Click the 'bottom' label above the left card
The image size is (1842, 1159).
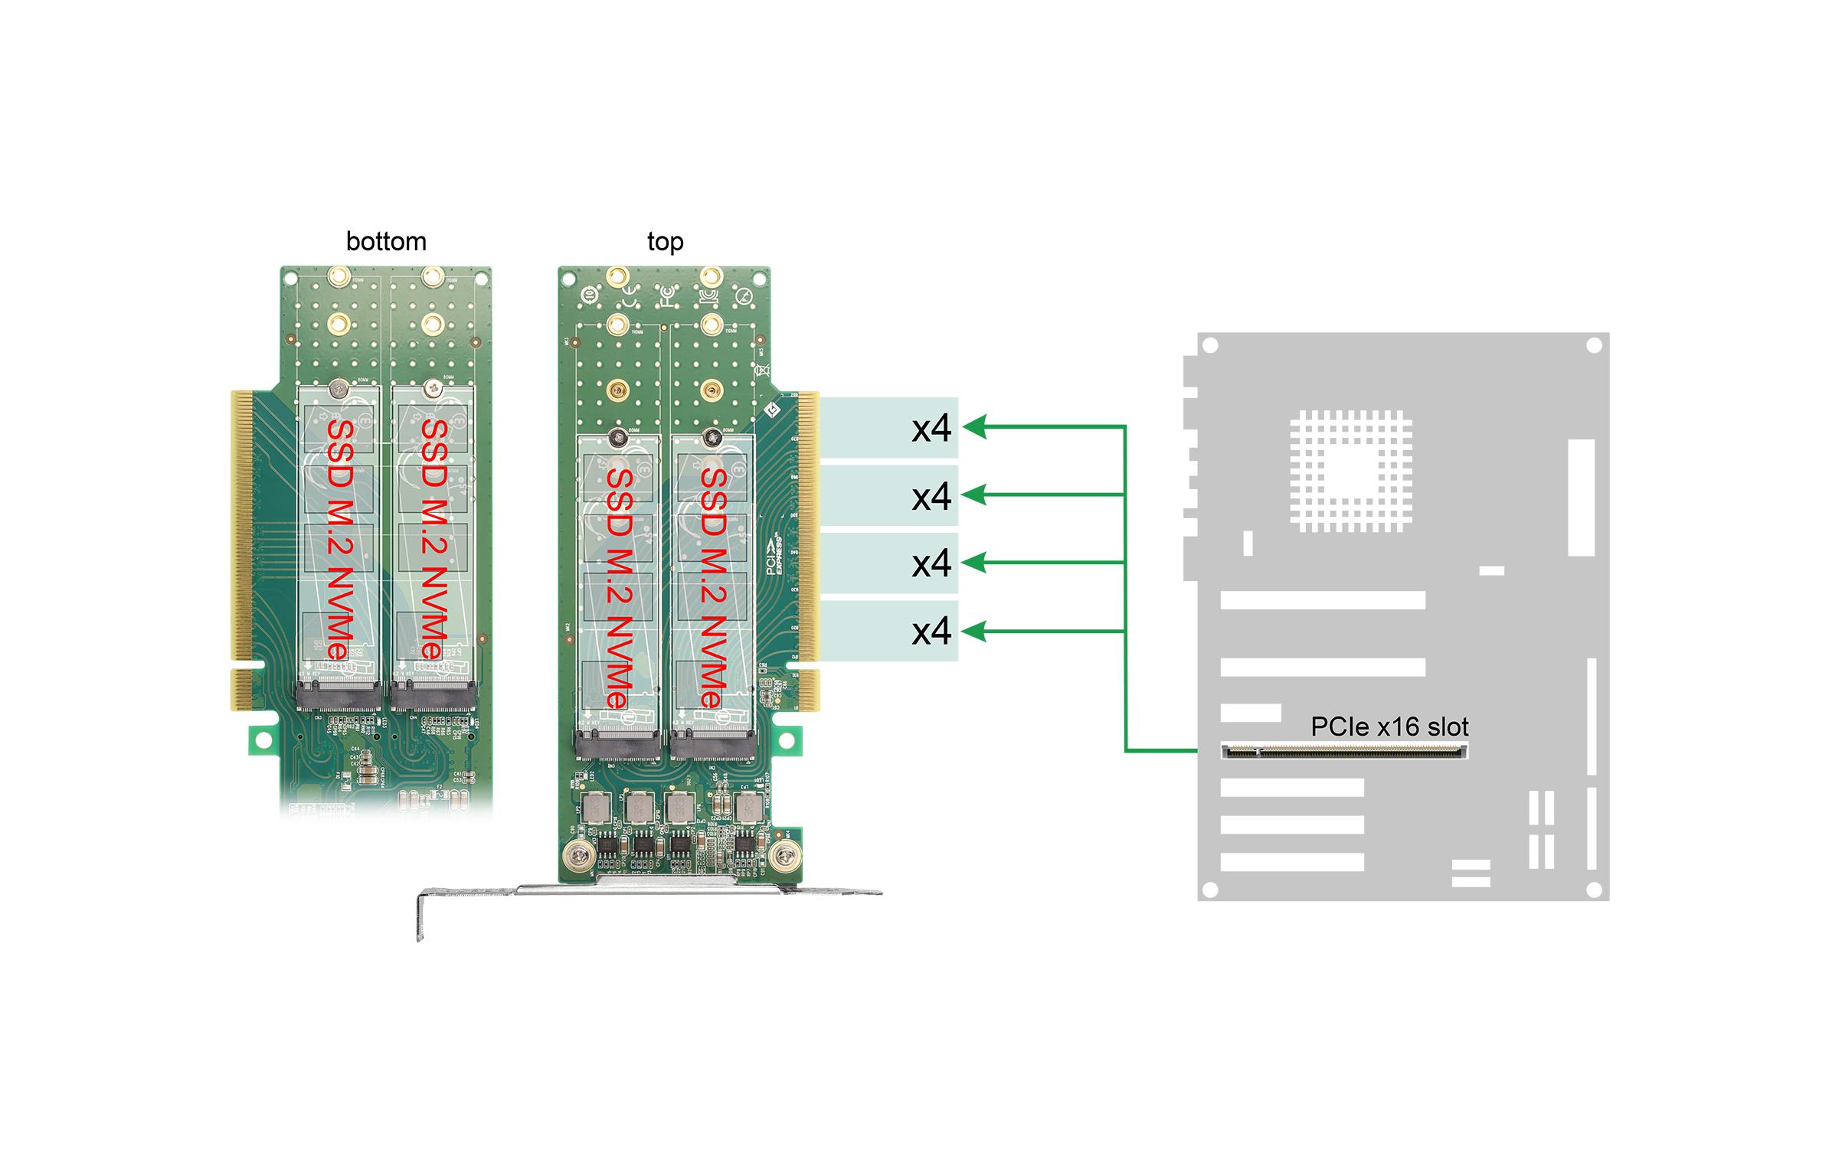(x=386, y=242)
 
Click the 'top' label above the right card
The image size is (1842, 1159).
(x=665, y=242)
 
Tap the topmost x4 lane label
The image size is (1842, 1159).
(x=931, y=429)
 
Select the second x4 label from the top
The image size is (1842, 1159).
(x=931, y=496)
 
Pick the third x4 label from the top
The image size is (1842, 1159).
(x=931, y=563)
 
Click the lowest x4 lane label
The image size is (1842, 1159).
(x=931, y=631)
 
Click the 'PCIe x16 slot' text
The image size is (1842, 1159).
(x=1389, y=726)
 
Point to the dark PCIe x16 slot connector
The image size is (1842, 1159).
(x=1344, y=752)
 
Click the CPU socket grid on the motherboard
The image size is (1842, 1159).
(x=1350, y=471)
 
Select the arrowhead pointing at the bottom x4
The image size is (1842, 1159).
(x=973, y=632)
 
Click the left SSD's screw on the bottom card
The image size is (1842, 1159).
(x=338, y=390)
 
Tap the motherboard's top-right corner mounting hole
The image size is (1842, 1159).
(x=1594, y=346)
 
